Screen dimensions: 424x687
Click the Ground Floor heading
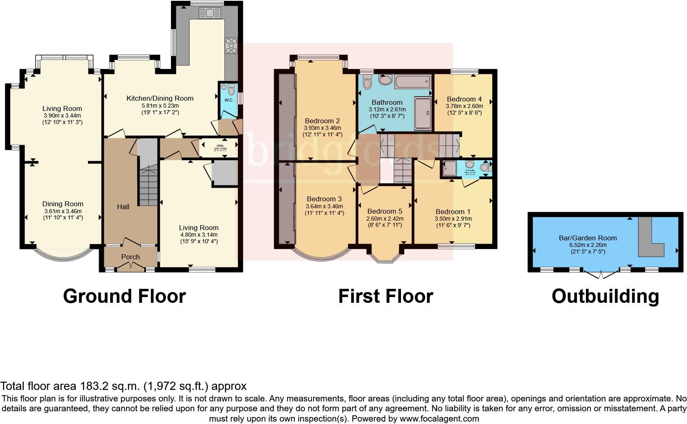[124, 296]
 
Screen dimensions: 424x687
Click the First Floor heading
[385, 296]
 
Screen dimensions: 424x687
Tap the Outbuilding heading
[605, 296]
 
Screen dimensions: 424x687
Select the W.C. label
[229, 100]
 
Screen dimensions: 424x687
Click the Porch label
[130, 257]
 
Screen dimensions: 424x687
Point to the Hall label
[123, 207]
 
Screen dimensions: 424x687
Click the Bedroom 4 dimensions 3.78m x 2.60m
[464, 106]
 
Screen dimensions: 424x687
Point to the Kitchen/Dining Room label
[160, 98]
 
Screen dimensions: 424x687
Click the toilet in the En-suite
[484, 168]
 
